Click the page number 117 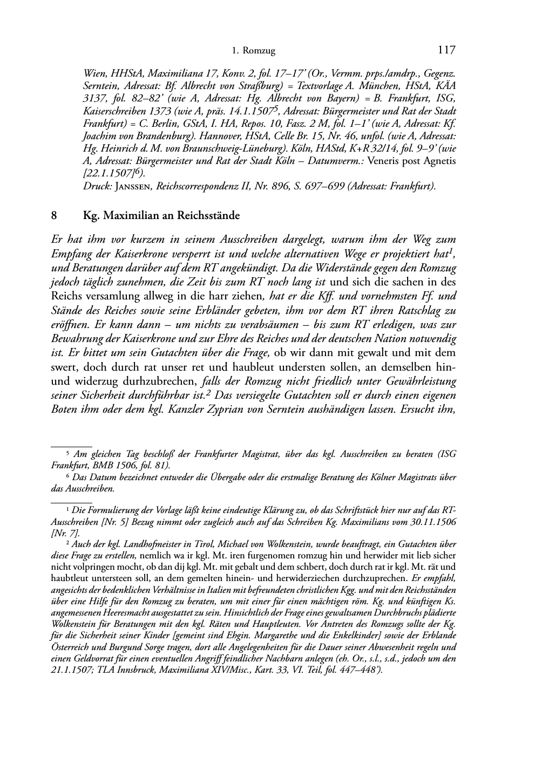click(447, 50)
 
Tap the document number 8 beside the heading click(54, 216)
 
